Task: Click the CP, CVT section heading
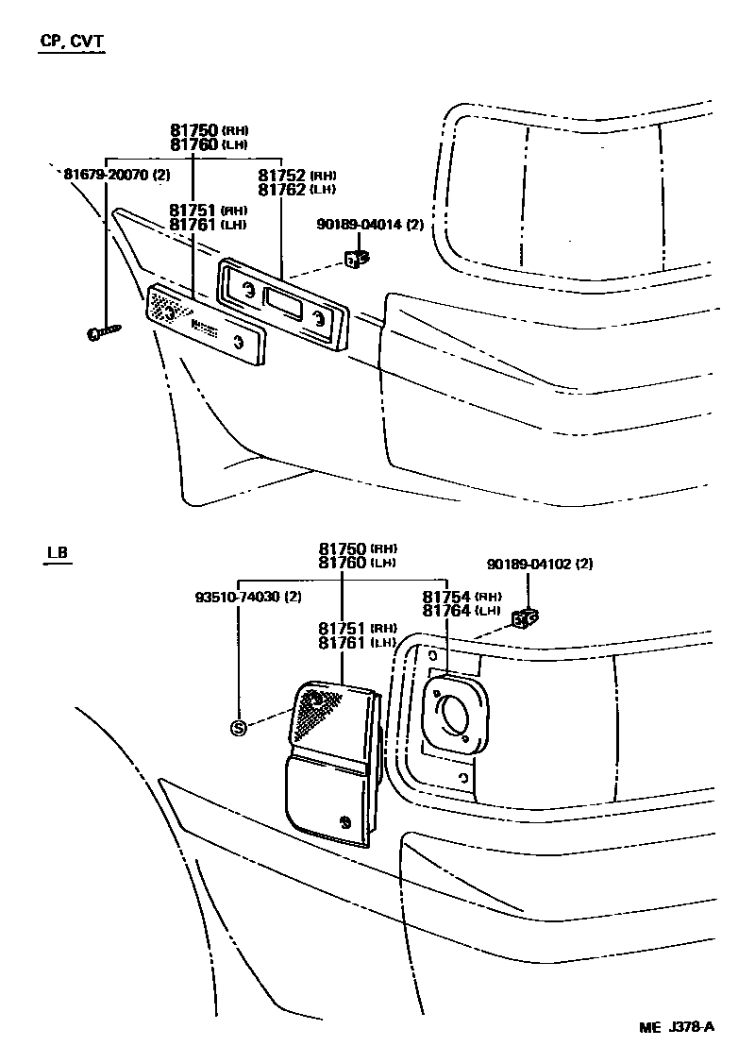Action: [72, 42]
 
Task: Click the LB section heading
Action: [58, 552]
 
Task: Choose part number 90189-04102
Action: [540, 564]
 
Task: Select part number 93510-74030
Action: [248, 597]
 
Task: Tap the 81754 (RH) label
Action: [461, 597]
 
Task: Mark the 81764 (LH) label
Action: [461, 611]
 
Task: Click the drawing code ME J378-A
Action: [677, 1027]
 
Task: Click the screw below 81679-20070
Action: [104, 330]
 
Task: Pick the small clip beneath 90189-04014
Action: [357, 257]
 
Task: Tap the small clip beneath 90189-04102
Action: [525, 619]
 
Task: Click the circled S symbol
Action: [239, 727]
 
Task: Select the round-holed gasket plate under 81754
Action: [455, 716]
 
